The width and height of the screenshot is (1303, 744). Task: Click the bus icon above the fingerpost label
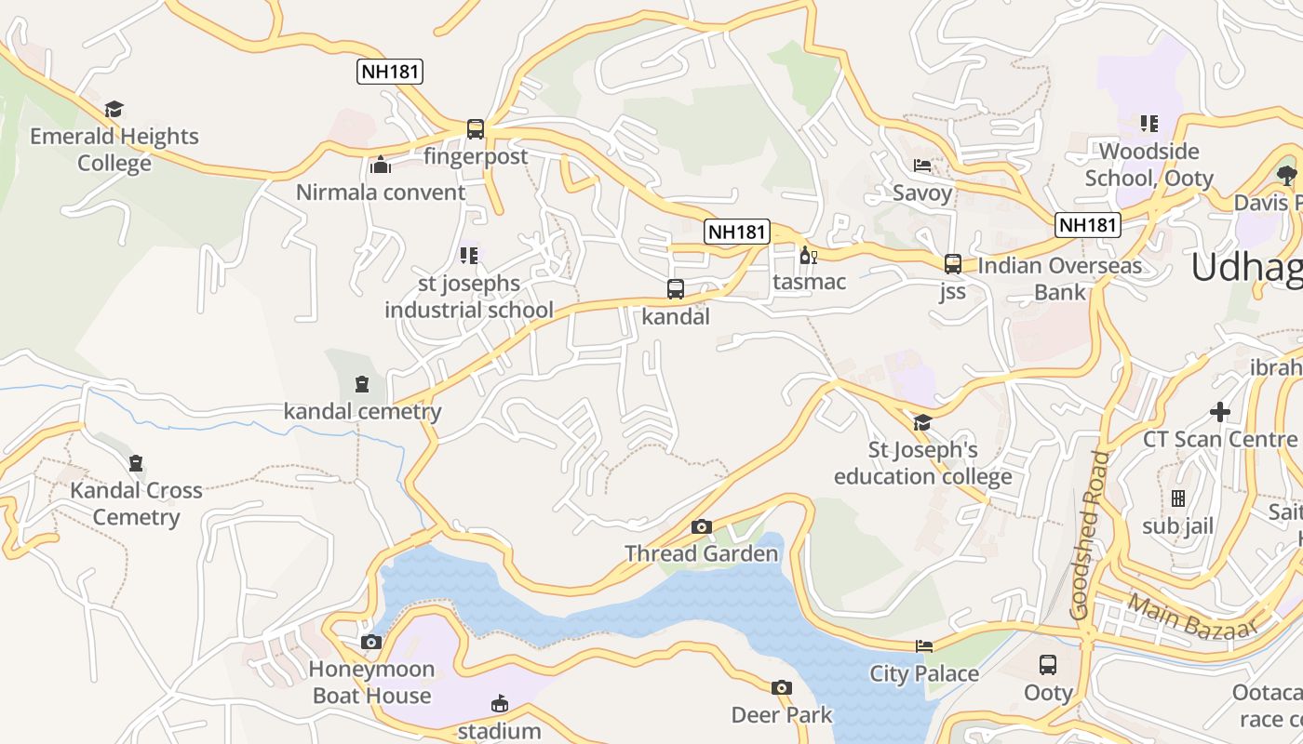(x=476, y=129)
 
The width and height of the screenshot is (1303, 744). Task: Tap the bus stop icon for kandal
(x=676, y=289)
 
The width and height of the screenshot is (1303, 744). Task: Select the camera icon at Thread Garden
(x=702, y=527)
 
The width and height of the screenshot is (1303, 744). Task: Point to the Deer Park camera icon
(x=782, y=688)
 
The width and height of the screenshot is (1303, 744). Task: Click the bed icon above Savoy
(x=922, y=166)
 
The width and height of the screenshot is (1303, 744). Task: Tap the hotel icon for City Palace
(x=924, y=646)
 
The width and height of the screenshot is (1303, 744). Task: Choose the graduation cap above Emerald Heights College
(x=114, y=110)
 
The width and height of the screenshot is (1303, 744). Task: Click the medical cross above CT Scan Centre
(x=1220, y=411)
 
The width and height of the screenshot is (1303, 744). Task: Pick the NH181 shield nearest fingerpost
(x=390, y=72)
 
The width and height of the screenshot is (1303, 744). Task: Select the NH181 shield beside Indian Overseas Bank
(x=1087, y=224)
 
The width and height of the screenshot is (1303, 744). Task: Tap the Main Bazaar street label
(x=1193, y=617)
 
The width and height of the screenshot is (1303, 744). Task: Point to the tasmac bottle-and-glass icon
(x=808, y=256)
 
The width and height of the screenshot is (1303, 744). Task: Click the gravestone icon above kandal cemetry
(x=362, y=384)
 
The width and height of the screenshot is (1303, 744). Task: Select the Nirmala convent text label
(x=381, y=193)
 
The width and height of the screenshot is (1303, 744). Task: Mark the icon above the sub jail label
(x=1178, y=499)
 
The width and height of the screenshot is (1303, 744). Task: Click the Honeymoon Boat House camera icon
(x=371, y=643)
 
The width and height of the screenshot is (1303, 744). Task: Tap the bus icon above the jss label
(x=952, y=264)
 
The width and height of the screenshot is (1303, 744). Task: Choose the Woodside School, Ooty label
(x=1149, y=165)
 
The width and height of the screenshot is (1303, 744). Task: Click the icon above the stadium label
(x=500, y=703)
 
